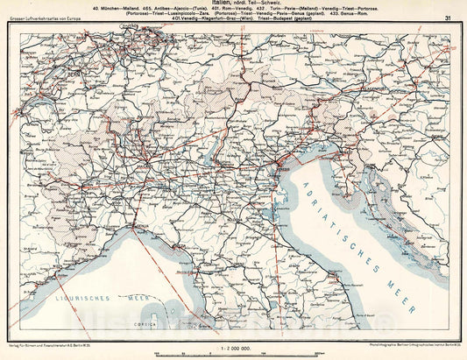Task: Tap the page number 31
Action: [449, 18]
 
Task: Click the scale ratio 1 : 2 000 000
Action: [233, 349]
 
